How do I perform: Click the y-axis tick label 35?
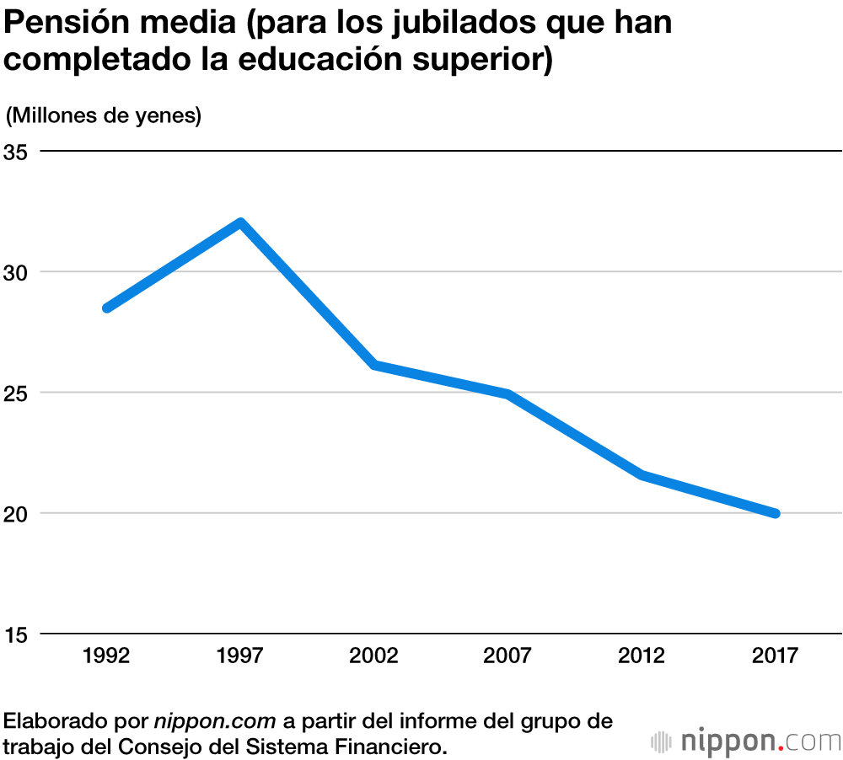pos(16,153)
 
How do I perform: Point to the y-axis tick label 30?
pos(16,273)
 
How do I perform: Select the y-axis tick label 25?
pos(16,393)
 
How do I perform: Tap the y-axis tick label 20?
pos(16,514)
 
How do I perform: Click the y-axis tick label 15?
pos(16,634)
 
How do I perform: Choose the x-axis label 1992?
pos(107,656)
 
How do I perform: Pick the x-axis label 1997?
pos(241,656)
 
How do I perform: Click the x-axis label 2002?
pos(374,656)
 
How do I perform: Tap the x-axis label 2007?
pos(507,656)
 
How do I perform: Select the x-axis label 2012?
pos(642,656)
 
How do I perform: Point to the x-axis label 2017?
pos(775,656)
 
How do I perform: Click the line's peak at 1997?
pos(241,223)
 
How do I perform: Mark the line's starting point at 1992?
pos(107,308)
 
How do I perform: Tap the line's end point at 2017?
pos(775,513)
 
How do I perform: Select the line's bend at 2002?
pos(374,365)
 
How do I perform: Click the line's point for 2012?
pos(642,475)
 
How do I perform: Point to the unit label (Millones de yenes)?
pos(104,115)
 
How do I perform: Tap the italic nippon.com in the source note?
pos(215,721)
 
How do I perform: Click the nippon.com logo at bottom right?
pos(746,741)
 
